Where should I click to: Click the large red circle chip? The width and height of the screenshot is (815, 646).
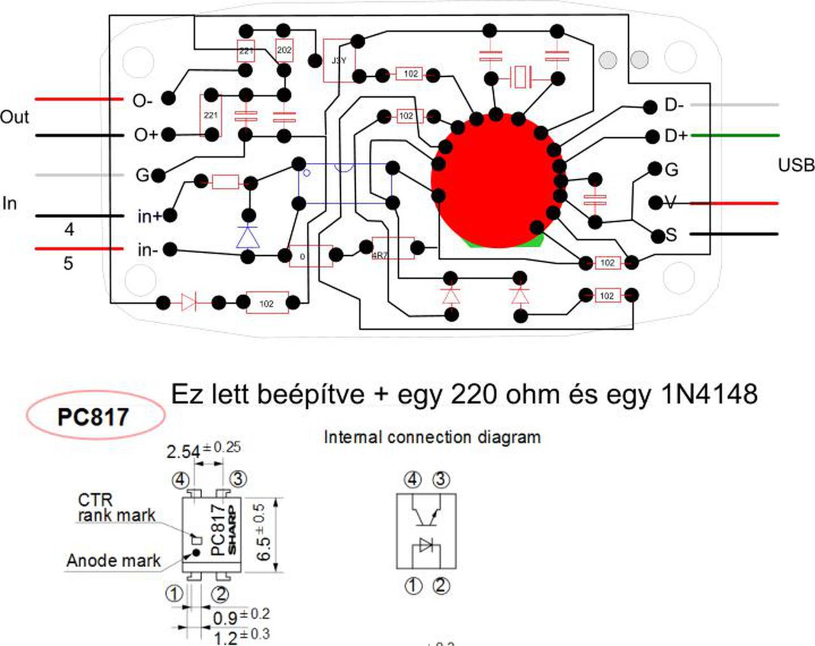497,180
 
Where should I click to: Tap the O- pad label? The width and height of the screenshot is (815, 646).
143,101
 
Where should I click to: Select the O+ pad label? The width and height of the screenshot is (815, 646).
145,135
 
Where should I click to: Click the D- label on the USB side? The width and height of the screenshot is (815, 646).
674,105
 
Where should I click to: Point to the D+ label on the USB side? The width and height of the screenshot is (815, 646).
676,136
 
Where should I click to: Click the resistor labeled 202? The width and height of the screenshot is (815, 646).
284,50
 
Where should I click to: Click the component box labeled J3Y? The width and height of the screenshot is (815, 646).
338,61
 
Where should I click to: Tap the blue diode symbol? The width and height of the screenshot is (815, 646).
248,236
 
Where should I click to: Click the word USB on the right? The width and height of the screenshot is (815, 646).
796,165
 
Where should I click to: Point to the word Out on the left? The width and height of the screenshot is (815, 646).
14,117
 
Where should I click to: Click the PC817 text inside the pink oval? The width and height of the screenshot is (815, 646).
93,417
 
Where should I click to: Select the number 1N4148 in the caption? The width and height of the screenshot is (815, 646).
709,395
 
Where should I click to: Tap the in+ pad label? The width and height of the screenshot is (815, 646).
149,217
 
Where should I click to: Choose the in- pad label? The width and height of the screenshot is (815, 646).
147,250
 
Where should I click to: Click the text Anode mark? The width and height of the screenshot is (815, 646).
113,561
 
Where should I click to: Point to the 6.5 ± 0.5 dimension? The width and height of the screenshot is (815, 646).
262,533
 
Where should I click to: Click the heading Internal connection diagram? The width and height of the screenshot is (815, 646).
432,438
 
